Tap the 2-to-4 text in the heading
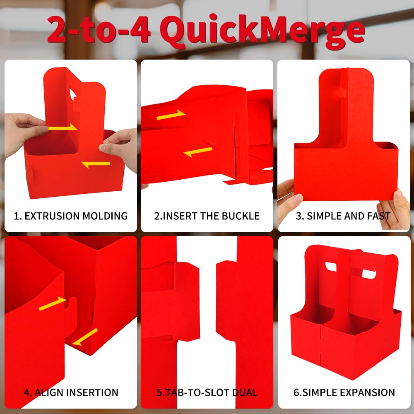click(99, 29)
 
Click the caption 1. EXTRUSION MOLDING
click(70, 216)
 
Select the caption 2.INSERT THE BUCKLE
click(207, 216)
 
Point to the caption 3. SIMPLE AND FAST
click(343, 216)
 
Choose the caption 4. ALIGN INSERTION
click(71, 392)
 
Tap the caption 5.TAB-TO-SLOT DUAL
click(207, 392)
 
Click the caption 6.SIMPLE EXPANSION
click(344, 392)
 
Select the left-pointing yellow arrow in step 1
click(96, 164)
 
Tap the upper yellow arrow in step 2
click(171, 115)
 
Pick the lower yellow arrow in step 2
click(198, 152)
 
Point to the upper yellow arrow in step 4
click(52, 303)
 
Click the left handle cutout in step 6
click(331, 267)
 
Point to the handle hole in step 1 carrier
click(73, 94)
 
